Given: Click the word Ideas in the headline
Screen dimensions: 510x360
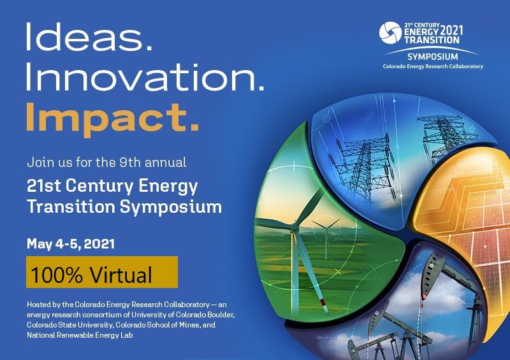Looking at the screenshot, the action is pyautogui.click(x=89, y=36).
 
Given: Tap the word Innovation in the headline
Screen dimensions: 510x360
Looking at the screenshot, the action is pyautogui.click(x=145, y=77).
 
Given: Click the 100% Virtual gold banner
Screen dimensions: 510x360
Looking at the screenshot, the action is pyautogui.click(x=102, y=272).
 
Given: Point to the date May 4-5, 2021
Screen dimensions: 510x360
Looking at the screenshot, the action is pyautogui.click(x=71, y=243).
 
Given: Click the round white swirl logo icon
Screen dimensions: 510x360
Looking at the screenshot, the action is pyautogui.click(x=390, y=33).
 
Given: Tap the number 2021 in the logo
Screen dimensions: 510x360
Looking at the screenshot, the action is pyautogui.click(x=451, y=31).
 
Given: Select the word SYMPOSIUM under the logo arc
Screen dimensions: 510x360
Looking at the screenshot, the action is pyautogui.click(x=433, y=57).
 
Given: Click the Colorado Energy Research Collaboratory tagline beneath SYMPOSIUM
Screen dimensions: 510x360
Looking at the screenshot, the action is pyautogui.click(x=433, y=66).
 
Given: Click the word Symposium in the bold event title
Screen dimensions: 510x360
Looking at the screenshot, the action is pyautogui.click(x=171, y=207).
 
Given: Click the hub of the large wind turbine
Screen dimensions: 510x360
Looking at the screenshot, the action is pyautogui.click(x=295, y=226).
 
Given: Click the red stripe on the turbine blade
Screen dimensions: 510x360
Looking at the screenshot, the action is pyautogui.click(x=324, y=303).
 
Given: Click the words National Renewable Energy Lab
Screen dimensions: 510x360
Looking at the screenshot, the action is pyautogui.click(x=80, y=335).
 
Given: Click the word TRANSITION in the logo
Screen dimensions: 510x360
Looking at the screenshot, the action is pyautogui.click(x=432, y=40).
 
